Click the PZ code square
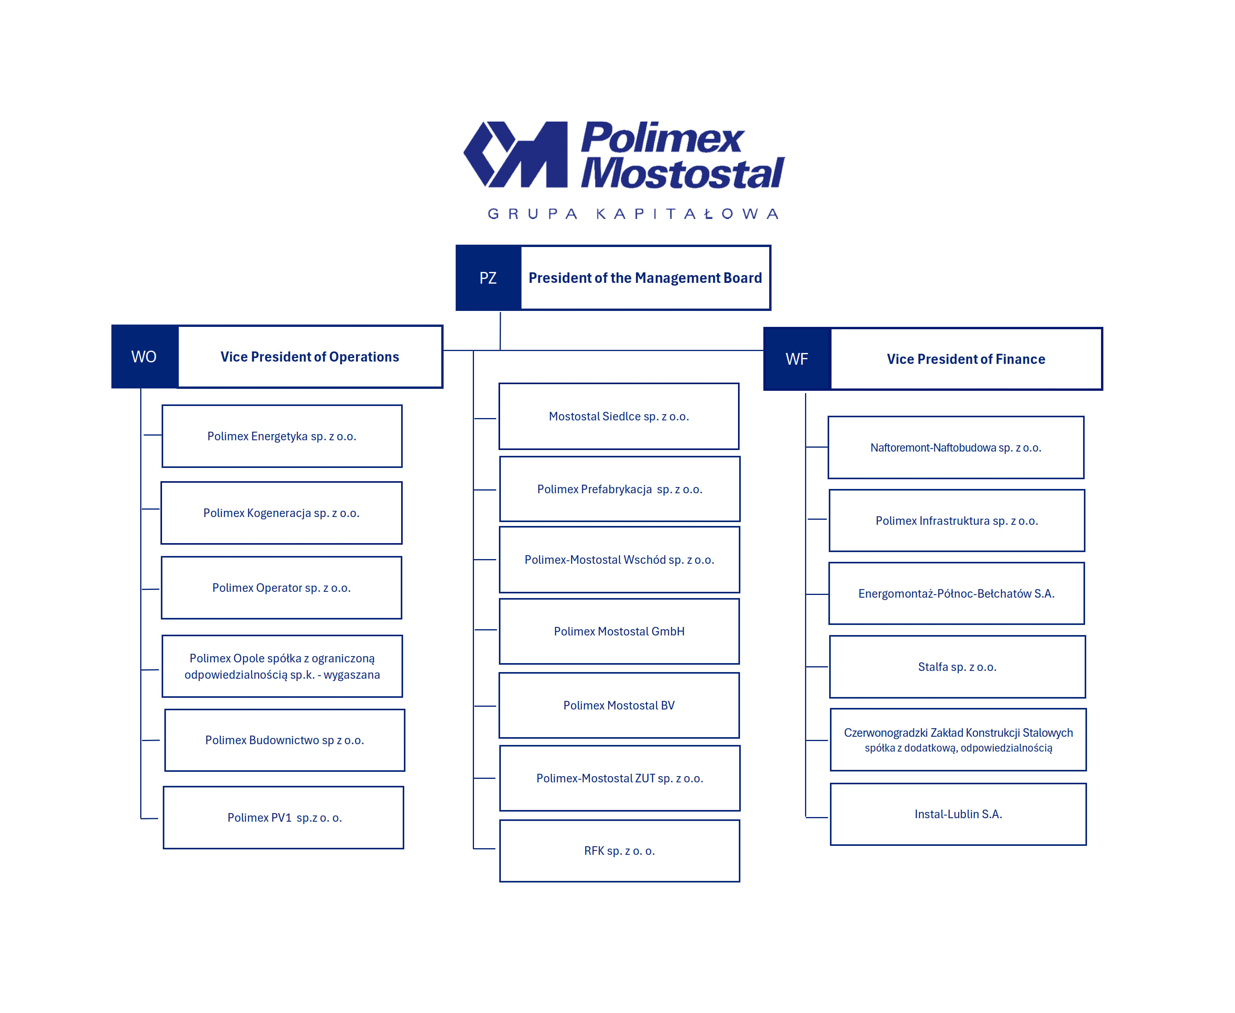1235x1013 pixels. [x=488, y=278]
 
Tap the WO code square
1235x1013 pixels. [x=144, y=356]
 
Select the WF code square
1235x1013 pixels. [x=797, y=359]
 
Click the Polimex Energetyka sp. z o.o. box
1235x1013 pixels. [x=282, y=436]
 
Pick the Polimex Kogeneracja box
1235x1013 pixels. [x=281, y=513]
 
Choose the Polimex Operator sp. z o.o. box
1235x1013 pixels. [x=281, y=588]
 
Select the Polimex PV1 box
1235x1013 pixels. [x=284, y=817]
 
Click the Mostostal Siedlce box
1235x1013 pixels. [x=619, y=416]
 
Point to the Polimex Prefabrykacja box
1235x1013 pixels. [x=620, y=489]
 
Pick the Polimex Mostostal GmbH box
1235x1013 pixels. [x=619, y=632]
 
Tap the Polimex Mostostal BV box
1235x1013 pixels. [x=619, y=706]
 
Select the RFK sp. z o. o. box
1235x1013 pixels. [x=620, y=851]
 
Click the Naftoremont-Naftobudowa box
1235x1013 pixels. [x=956, y=448]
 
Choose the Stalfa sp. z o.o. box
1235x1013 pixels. [x=957, y=667]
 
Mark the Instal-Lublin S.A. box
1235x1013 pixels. [x=958, y=814]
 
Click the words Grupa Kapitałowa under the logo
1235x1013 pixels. [x=633, y=214]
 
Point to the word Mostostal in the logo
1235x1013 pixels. [x=683, y=173]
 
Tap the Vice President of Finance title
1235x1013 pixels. [x=965, y=359]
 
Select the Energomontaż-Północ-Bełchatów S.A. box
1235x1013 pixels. [x=956, y=593]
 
